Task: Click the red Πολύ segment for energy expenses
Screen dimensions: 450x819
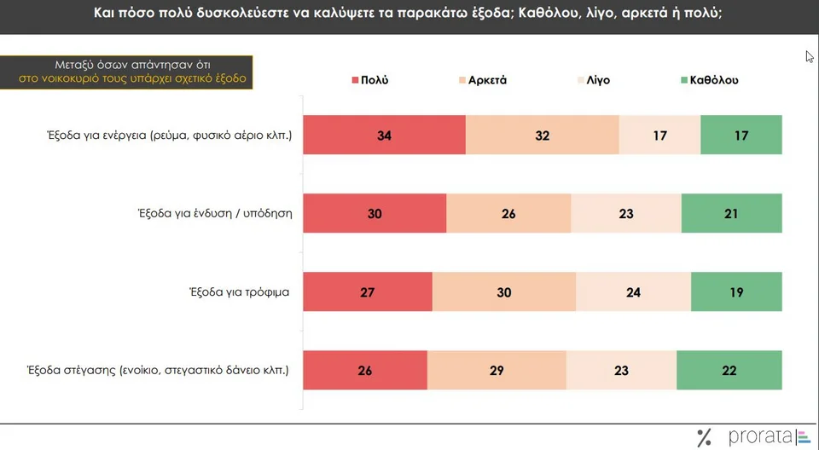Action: [x=384, y=135]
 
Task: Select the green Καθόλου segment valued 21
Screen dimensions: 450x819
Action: [x=731, y=213]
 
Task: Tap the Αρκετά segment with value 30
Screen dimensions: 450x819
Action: [x=504, y=291]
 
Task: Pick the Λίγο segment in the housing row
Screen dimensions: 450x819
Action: [x=621, y=370]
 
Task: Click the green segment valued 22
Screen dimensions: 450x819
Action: [x=729, y=370]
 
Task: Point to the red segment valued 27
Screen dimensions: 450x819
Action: [x=368, y=291]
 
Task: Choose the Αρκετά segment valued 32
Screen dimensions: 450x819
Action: [x=542, y=135]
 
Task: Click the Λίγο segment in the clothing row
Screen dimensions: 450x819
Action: [x=626, y=213]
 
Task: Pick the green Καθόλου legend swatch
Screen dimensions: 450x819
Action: [x=684, y=80]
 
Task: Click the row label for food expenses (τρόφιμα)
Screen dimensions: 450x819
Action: [x=240, y=292]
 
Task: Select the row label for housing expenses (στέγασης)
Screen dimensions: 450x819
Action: [x=168, y=371]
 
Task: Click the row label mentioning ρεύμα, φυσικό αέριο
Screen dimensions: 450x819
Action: [x=170, y=135]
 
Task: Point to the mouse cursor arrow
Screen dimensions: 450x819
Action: [x=810, y=56]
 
